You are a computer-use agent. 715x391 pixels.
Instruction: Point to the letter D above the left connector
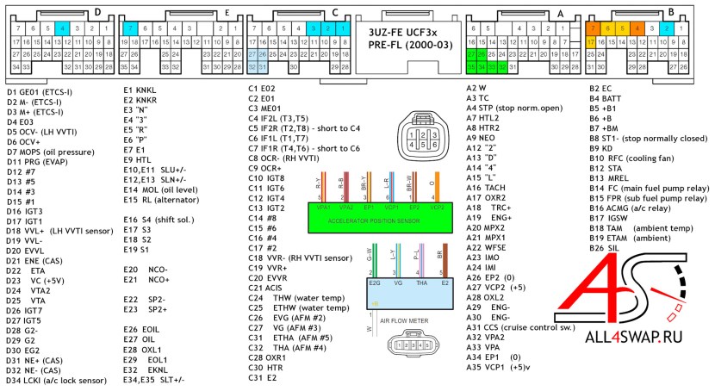tap(97, 11)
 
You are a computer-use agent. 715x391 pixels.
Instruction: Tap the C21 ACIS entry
tap(268, 288)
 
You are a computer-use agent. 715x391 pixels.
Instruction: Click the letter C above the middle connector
tap(334, 11)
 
